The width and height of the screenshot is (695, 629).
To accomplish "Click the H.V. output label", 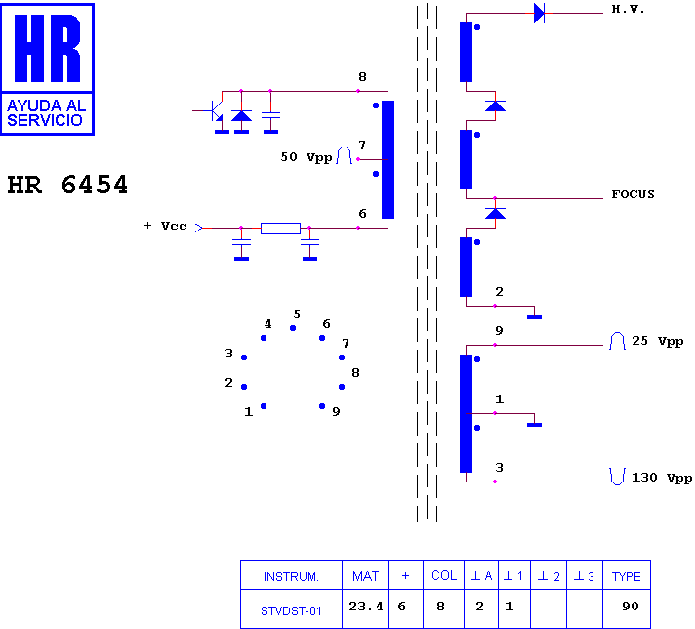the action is pyautogui.click(x=628, y=10).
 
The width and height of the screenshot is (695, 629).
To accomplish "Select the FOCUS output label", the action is pyautogui.click(x=633, y=194).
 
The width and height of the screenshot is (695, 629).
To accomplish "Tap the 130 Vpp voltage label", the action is pyautogui.click(x=661, y=479).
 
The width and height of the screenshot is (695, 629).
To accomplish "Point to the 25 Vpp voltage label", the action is pyautogui.click(x=657, y=341).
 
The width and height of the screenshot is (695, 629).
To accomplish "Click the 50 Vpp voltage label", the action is pyautogui.click(x=307, y=157).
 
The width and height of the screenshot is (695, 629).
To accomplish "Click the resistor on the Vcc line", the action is pyautogui.click(x=280, y=229).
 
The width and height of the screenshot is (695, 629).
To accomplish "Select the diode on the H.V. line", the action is pyautogui.click(x=539, y=13).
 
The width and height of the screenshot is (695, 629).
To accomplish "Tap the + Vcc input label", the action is pyautogui.click(x=165, y=226).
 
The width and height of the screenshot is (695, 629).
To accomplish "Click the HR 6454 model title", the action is pyautogui.click(x=67, y=185).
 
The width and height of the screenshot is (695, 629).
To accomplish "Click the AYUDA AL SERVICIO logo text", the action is pyautogui.click(x=46, y=112).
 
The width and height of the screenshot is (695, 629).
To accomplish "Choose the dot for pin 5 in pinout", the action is pyautogui.click(x=293, y=328).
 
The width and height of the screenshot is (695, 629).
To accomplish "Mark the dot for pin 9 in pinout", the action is pyautogui.click(x=322, y=406).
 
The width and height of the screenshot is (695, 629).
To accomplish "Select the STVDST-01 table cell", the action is pyautogui.click(x=291, y=611).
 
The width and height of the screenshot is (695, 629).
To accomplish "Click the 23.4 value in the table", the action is pyautogui.click(x=366, y=607).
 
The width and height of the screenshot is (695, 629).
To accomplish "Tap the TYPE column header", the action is pyautogui.click(x=627, y=576).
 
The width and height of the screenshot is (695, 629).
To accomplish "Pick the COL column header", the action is pyautogui.click(x=444, y=576).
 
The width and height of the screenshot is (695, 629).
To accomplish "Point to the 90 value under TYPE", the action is pyautogui.click(x=631, y=607).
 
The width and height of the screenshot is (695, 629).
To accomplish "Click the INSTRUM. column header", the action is pyautogui.click(x=291, y=576).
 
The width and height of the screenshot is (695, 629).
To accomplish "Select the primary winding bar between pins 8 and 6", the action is pyautogui.click(x=388, y=159).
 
